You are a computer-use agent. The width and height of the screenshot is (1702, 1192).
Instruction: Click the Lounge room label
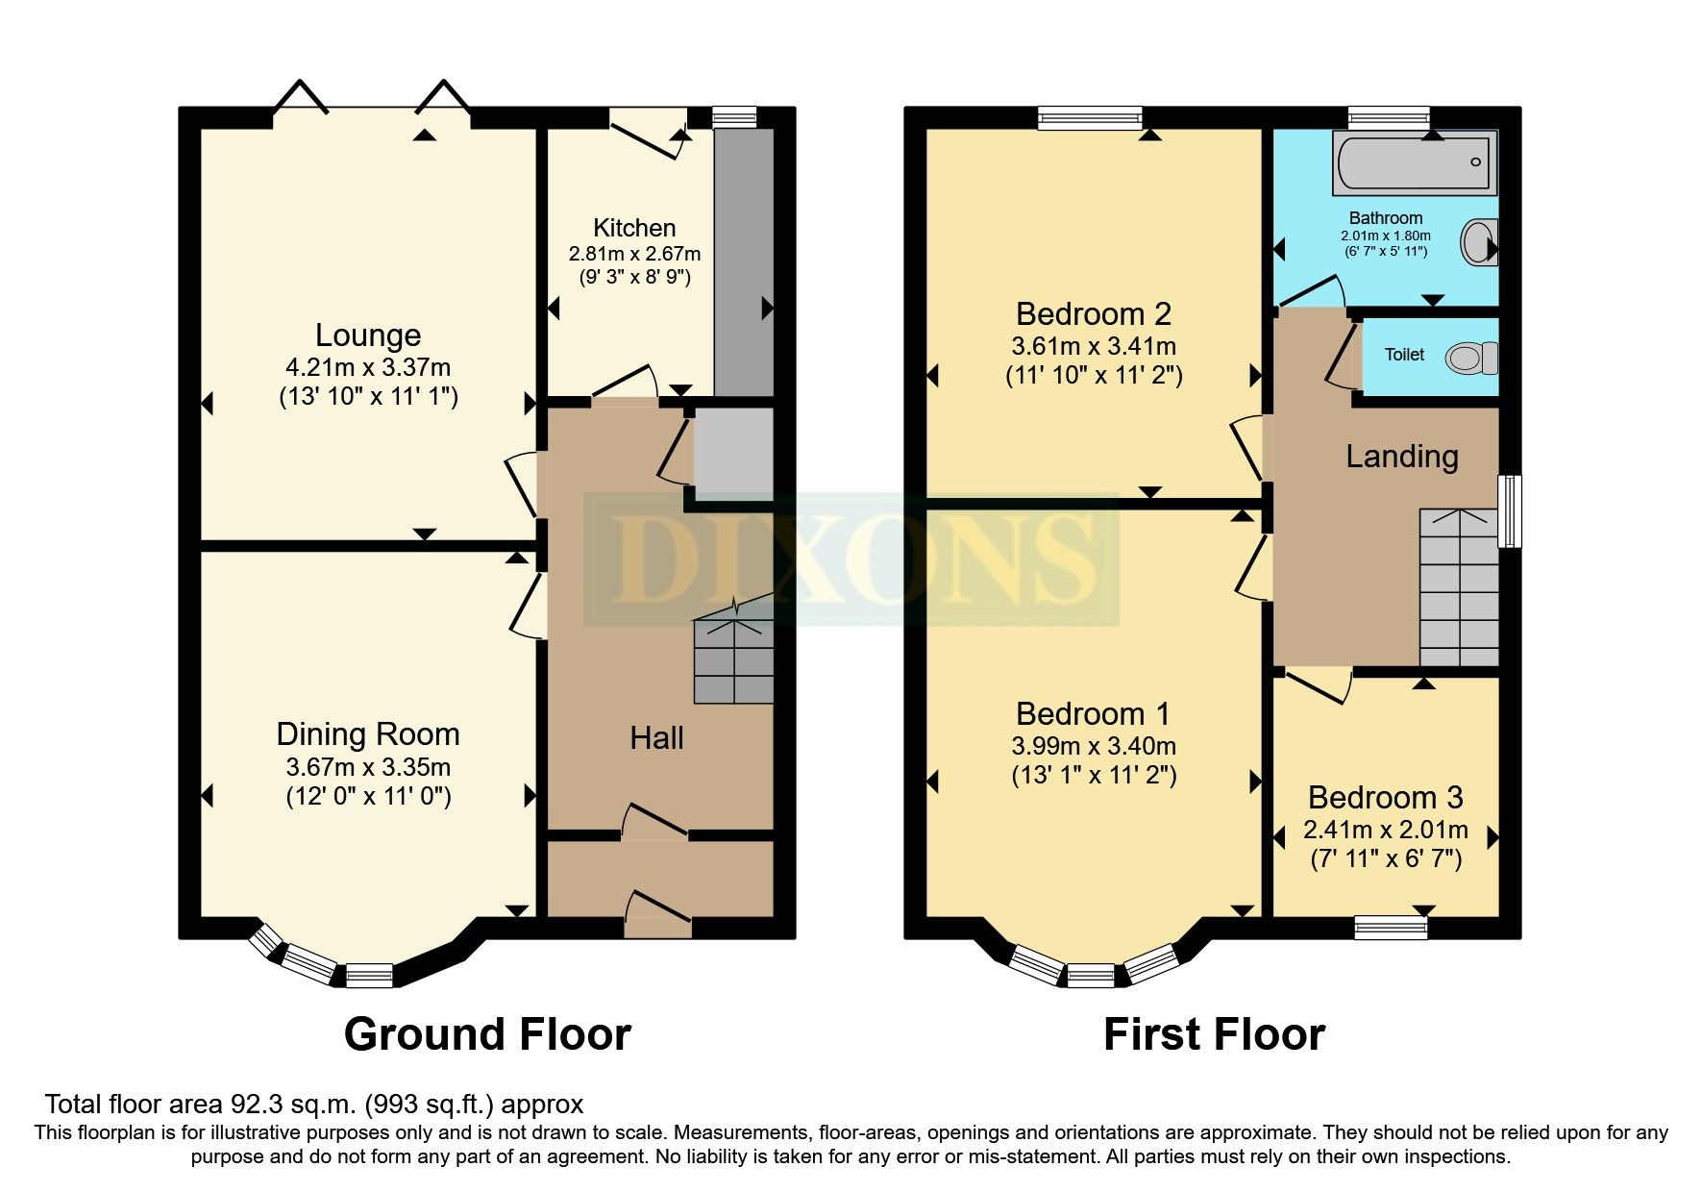coord(368,335)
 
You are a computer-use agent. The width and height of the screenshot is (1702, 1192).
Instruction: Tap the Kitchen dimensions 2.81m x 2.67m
coord(634,255)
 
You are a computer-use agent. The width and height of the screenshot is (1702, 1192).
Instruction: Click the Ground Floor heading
coord(487,1035)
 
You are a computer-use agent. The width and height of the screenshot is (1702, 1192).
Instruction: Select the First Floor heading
coord(1214,1035)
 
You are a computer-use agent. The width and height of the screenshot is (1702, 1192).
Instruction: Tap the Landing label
coord(1401,457)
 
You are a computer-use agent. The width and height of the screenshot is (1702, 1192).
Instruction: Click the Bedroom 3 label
coord(1385,798)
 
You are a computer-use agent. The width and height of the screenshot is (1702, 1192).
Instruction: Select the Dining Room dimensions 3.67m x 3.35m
coord(368,768)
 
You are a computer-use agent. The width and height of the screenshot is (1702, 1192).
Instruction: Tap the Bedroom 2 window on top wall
coord(1091,118)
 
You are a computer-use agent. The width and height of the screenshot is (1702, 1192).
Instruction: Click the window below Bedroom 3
coord(1391,928)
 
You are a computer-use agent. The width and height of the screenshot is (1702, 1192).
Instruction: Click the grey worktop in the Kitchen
coord(744,260)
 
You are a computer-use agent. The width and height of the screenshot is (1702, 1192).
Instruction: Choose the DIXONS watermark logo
coord(851,558)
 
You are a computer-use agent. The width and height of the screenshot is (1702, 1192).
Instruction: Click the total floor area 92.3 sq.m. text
coord(313,1105)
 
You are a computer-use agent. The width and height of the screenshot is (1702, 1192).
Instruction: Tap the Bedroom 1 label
coord(1093,714)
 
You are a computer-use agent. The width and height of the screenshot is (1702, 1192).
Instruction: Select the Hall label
coord(656,738)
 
